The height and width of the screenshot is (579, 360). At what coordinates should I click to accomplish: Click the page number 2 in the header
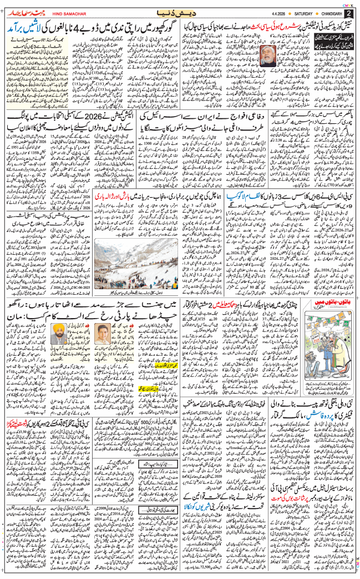point(348,13)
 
